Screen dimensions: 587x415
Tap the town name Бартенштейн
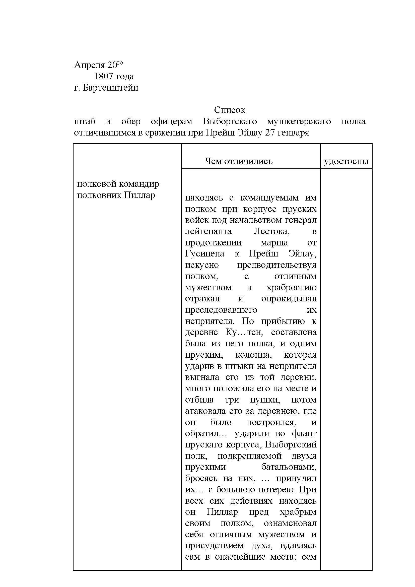click(x=111, y=88)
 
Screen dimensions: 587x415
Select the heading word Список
click(x=230, y=110)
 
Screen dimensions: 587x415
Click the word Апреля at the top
click(x=89, y=66)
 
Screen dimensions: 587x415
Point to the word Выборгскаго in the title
click(x=230, y=121)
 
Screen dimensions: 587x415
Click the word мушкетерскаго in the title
click(x=299, y=121)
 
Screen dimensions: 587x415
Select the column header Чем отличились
click(x=239, y=161)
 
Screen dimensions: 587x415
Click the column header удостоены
click(x=346, y=161)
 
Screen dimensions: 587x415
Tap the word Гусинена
click(x=205, y=254)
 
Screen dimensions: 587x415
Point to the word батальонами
click(x=289, y=467)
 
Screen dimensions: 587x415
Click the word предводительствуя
click(x=276, y=265)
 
